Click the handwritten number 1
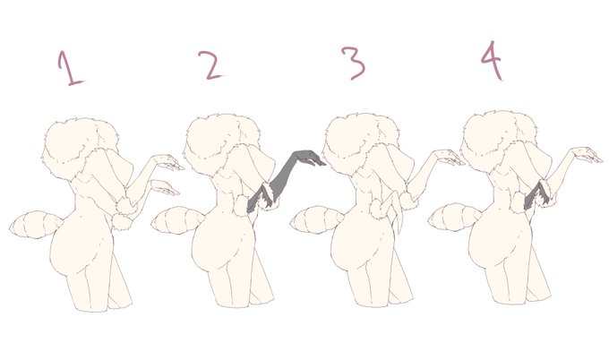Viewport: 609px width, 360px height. [x=69, y=68]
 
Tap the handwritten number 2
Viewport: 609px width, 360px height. [x=210, y=64]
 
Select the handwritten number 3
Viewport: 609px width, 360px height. [x=353, y=63]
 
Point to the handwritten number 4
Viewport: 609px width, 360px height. [x=492, y=60]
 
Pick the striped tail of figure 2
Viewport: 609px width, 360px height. [x=176, y=220]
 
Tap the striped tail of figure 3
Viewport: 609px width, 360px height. [x=315, y=219]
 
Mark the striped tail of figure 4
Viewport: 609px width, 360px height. [x=454, y=217]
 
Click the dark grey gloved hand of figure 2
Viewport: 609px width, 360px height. [x=309, y=158]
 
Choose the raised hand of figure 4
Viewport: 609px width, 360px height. [x=588, y=154]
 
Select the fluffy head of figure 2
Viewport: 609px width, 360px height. [x=221, y=143]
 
